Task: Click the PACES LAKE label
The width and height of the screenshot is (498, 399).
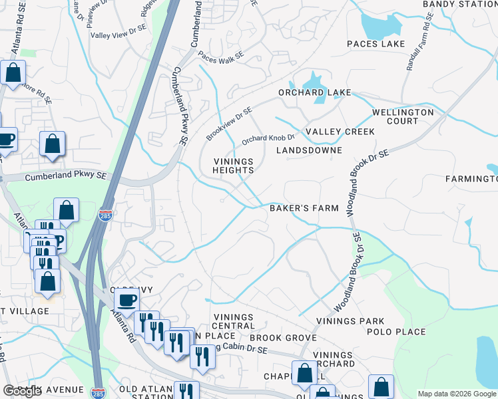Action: click(375, 44)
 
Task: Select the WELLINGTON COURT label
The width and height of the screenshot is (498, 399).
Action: click(403, 116)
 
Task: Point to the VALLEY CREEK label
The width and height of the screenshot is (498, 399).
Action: click(340, 132)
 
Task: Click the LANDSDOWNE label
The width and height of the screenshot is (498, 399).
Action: click(314, 150)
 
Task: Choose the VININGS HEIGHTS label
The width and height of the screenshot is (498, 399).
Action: click(233, 166)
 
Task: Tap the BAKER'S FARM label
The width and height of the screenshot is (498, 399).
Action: click(304, 208)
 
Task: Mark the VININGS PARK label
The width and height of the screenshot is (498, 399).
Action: click(350, 321)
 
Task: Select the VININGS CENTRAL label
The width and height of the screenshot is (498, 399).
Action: click(233, 321)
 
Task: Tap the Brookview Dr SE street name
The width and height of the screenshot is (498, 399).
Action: click(229, 124)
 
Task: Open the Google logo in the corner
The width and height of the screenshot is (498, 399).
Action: click(22, 391)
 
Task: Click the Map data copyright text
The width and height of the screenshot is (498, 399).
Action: click(456, 394)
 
